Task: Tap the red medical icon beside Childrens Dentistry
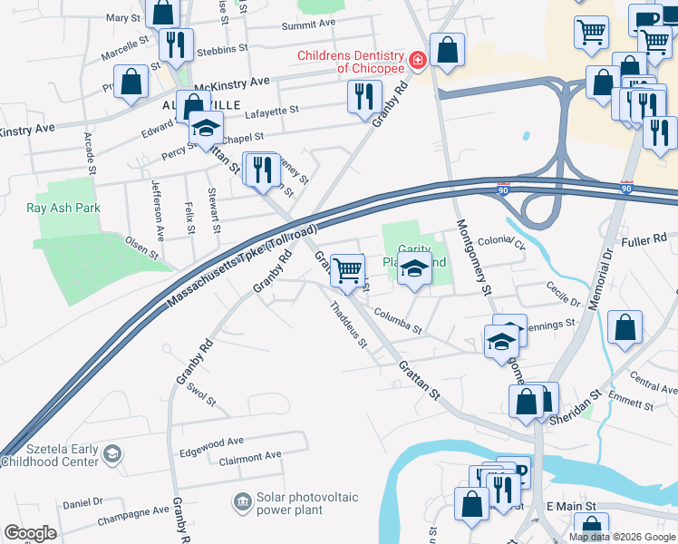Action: pyautogui.click(x=417, y=61)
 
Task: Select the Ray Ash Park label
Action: pyautogui.click(x=63, y=208)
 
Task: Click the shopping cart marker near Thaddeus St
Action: pyautogui.click(x=348, y=270)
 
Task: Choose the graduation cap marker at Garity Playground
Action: pyautogui.click(x=414, y=270)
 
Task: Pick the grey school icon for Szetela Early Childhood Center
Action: pyautogui.click(x=111, y=453)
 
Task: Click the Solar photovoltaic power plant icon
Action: pyautogui.click(x=242, y=500)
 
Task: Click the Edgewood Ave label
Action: pyautogui.click(x=211, y=441)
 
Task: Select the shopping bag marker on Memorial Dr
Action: pyautogui.click(x=625, y=327)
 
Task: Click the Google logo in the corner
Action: pyautogui.click(x=31, y=533)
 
